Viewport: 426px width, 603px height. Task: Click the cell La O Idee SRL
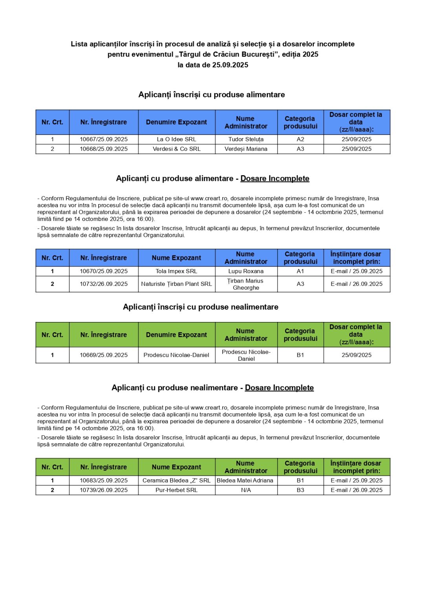176,139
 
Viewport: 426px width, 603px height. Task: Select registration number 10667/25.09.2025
104,139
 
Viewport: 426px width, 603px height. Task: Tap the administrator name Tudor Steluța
246,139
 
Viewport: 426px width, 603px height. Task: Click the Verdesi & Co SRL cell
176,149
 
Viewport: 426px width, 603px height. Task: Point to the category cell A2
300,139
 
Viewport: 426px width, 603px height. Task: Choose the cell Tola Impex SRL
176,271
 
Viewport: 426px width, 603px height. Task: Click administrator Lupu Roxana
246,271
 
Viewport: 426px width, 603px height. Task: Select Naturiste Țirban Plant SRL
176,284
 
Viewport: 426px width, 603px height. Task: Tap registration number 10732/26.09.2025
104,284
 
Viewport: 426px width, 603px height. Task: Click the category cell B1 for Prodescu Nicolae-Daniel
300,355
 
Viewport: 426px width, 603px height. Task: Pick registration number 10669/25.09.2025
104,355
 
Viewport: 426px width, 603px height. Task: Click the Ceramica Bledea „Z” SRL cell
176,481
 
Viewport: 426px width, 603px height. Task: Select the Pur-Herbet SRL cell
176,490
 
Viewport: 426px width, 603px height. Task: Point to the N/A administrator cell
246,490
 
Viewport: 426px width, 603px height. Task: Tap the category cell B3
300,490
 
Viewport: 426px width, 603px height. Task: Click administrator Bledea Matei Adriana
245,481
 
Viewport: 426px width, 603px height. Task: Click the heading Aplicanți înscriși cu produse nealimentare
201,307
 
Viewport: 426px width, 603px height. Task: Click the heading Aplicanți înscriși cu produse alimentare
212,95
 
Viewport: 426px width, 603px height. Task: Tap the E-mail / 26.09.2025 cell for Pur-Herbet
357,490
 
